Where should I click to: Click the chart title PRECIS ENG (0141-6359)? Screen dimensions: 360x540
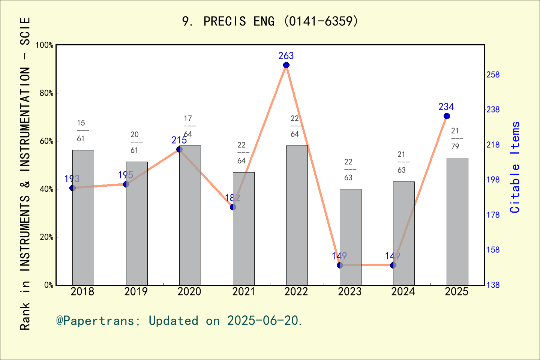(270, 21)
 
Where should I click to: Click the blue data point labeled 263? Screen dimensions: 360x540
(286, 65)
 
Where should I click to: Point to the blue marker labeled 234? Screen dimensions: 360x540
(447, 116)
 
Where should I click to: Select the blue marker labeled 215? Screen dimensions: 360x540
(179, 150)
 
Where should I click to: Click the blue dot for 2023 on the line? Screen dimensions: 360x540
(340, 265)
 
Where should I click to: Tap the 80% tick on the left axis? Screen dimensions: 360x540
(46, 93)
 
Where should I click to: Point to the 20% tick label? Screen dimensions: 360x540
(46, 237)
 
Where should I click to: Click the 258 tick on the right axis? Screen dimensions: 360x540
(493, 75)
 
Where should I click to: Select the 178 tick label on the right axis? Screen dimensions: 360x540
(493, 215)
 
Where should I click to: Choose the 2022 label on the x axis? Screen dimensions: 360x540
(296, 292)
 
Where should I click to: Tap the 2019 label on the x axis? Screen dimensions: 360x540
(136, 292)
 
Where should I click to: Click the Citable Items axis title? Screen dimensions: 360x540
(515, 167)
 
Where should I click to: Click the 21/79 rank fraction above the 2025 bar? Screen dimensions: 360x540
(455, 138)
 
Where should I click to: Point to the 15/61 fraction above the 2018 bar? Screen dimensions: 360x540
(81, 130)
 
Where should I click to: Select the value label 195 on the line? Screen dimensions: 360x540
(125, 175)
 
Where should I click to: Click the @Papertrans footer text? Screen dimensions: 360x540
(179, 321)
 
